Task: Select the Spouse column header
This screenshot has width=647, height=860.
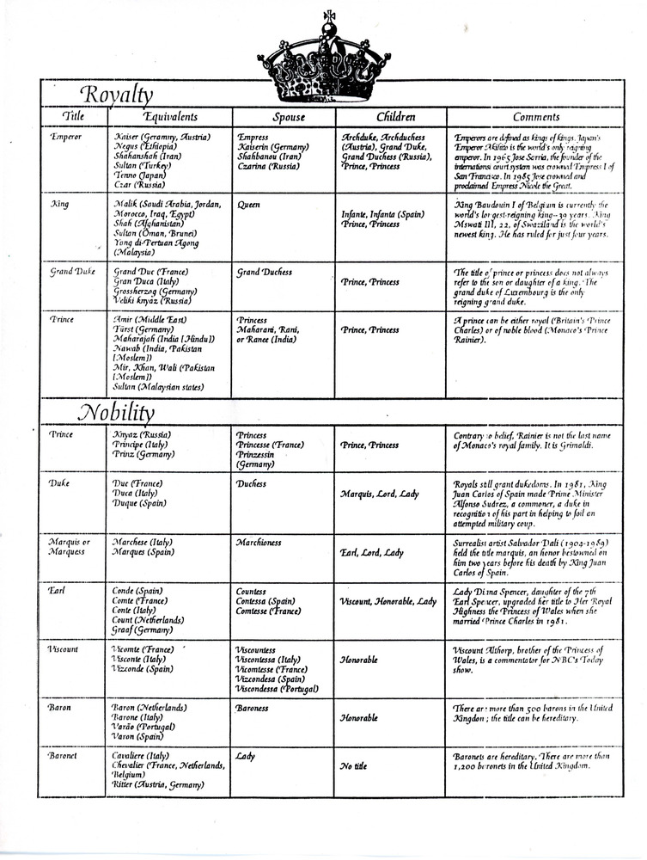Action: tap(282, 117)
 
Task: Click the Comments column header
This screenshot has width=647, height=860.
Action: tap(536, 117)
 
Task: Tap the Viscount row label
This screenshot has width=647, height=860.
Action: tap(67, 649)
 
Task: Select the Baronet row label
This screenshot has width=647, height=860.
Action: tap(66, 757)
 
